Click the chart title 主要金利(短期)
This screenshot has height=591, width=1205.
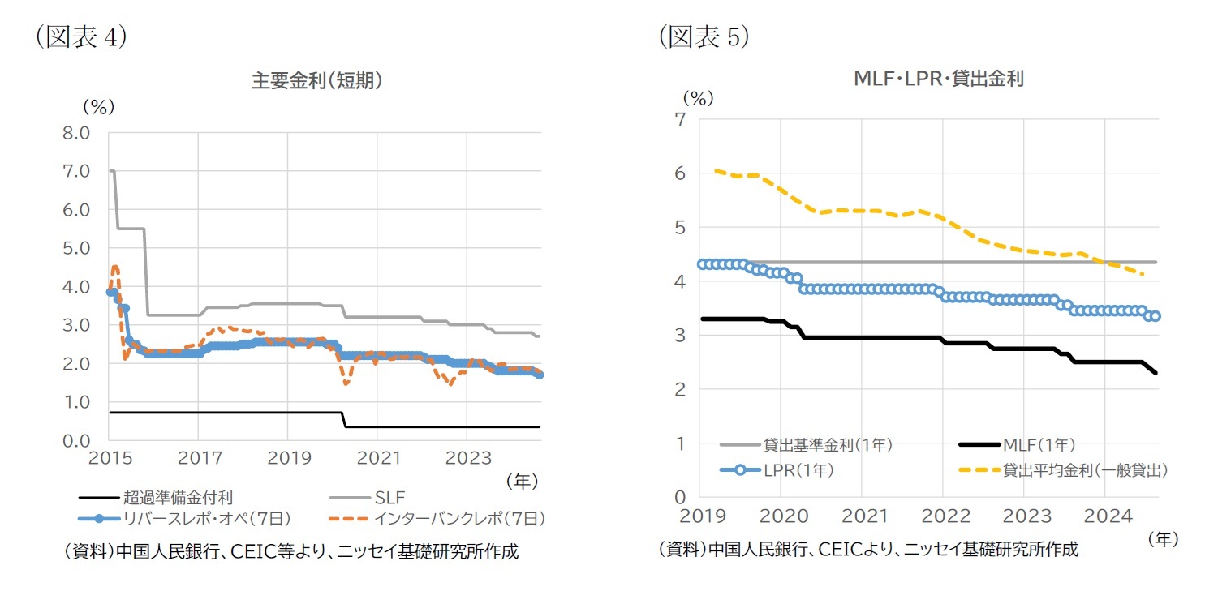(x=316, y=81)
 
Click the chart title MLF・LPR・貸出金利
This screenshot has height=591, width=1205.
(x=938, y=79)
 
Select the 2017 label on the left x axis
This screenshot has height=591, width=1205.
(x=199, y=457)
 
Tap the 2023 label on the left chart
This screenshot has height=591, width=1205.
(x=468, y=457)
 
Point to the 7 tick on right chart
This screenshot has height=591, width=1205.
(x=679, y=119)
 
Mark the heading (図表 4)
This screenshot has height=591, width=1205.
(x=80, y=37)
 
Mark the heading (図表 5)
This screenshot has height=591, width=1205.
(x=704, y=36)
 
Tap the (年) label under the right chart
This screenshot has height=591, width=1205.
(x=1163, y=537)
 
